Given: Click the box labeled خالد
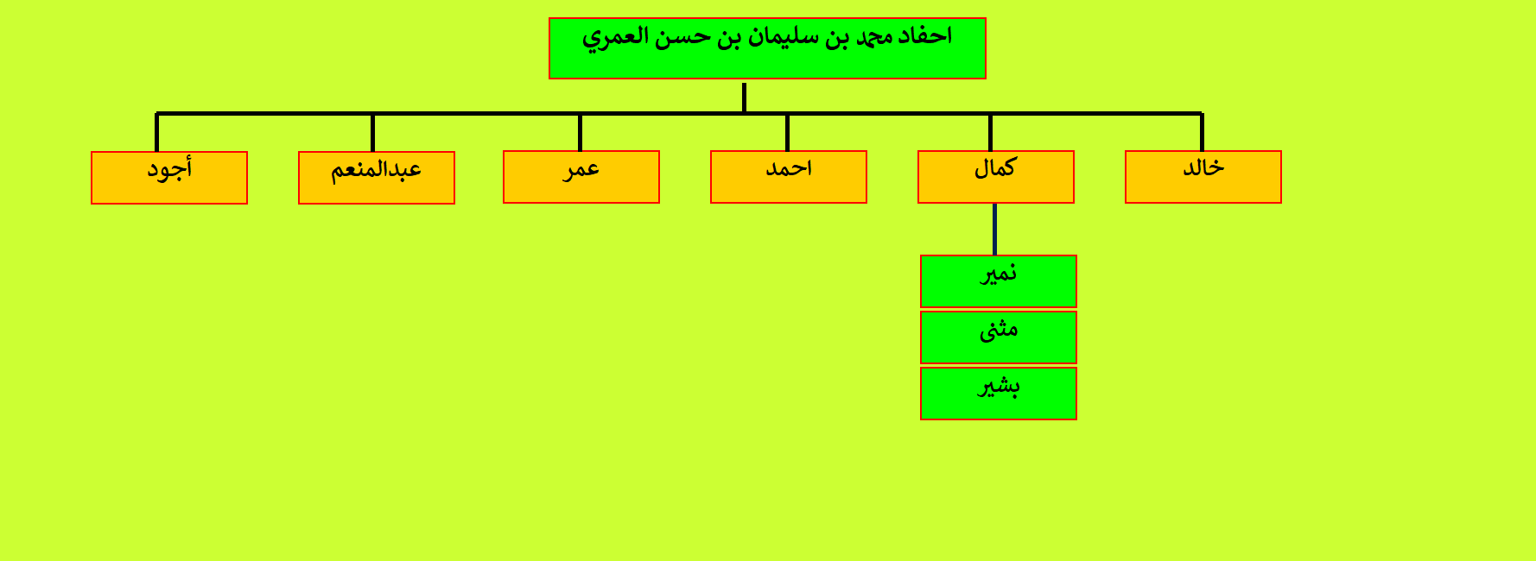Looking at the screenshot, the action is pos(1203,177).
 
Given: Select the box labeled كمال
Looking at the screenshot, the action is pos(996,177).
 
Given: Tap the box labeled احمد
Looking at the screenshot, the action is pos(789,177).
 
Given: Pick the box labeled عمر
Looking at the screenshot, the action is pos(581,177).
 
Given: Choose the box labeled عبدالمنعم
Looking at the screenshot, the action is pos(377,178).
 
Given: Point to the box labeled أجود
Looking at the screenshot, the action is pos(169,178).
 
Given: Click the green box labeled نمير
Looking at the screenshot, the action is pos(999,281).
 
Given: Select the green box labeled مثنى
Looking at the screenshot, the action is pos(999,337).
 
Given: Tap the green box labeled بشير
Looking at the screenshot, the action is pos(999,394).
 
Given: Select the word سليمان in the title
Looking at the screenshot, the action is pos(786,37).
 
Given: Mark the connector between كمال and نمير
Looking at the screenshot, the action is pos(995,229).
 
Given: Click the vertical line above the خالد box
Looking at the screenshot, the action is pos(1202,132).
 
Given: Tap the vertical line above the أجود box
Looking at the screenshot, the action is pos(156,132).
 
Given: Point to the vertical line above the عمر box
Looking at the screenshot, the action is pos(580,132).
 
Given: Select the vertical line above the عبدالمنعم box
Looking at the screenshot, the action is pos(372,132).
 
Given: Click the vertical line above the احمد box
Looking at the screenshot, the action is pos(787,132).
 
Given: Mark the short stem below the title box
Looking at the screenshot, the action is pos(744,98).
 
